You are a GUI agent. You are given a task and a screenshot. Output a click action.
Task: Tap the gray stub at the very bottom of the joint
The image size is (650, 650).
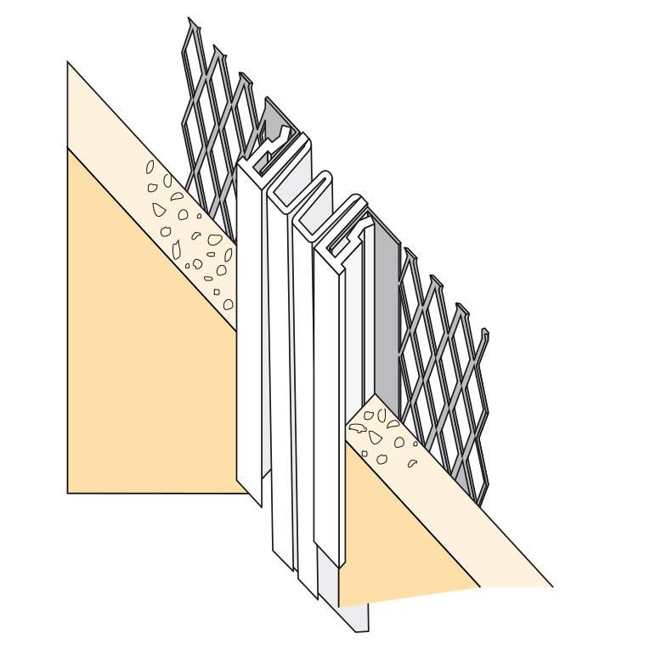(357, 616)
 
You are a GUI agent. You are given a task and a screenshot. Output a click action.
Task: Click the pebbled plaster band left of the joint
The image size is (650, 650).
(183, 229)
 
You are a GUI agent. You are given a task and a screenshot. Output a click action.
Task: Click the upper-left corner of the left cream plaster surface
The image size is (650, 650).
(67, 61)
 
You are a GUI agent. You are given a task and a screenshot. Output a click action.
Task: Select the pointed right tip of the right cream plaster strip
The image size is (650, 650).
(553, 586)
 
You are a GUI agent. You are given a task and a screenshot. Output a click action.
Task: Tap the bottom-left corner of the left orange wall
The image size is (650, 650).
(67, 491)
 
